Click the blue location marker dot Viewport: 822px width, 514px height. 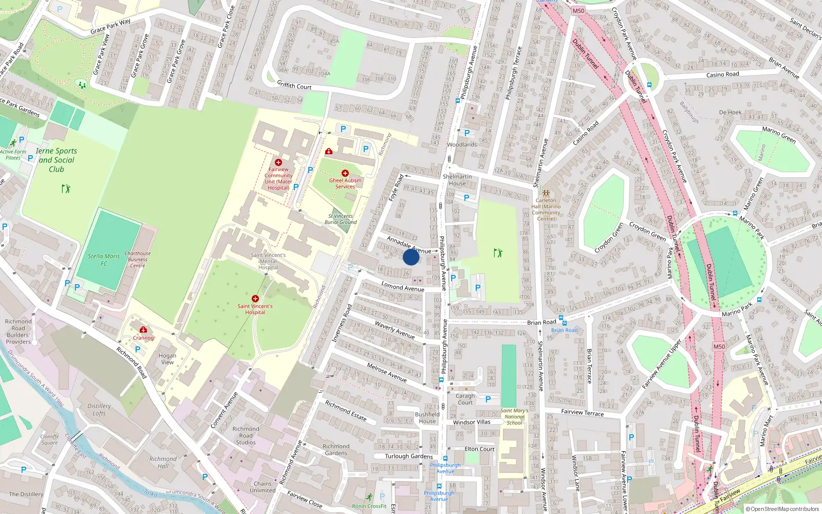411,257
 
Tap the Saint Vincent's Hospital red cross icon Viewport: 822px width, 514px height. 255,299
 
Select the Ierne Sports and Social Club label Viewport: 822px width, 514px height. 57,160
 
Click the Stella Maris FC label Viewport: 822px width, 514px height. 104,260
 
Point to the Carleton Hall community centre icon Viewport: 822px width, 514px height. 546,193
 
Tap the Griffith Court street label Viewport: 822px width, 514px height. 294,85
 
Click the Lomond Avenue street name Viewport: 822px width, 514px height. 403,287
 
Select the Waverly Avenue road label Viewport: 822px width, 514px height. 395,330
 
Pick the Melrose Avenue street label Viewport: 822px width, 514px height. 387,372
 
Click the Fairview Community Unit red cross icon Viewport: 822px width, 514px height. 278,162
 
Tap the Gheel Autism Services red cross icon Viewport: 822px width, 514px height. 345,173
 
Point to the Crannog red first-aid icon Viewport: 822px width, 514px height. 143,330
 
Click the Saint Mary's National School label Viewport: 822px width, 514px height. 514,417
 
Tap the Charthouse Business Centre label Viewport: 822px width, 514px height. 138,260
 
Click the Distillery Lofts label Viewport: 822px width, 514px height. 99,409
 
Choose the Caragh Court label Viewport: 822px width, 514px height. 465,399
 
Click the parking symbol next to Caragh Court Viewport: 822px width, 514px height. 488,399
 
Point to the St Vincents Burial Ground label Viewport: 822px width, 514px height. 341,219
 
